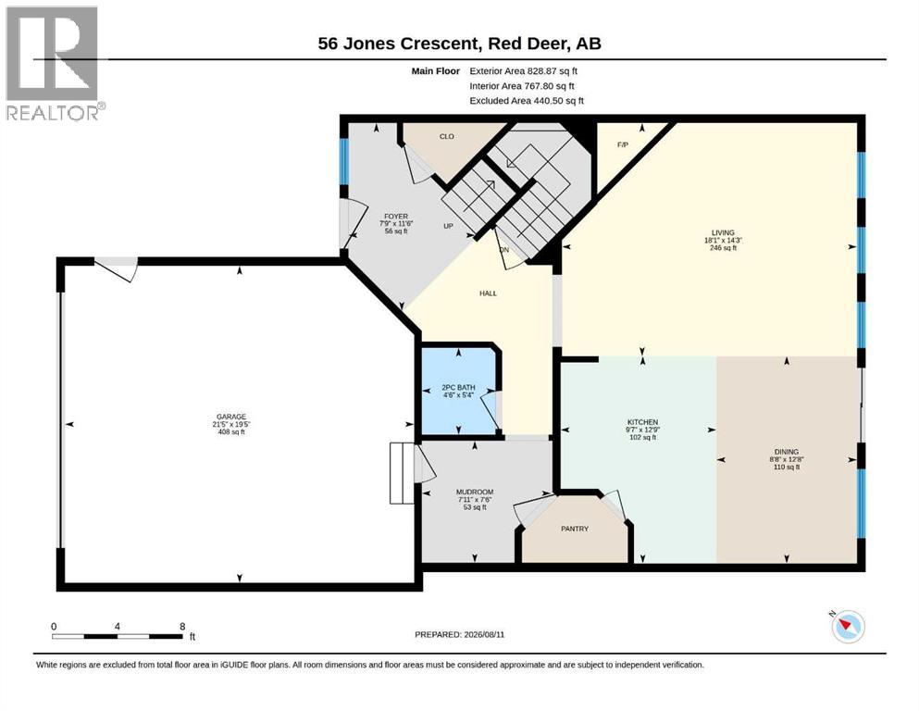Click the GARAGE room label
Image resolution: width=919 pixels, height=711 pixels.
click(x=231, y=417)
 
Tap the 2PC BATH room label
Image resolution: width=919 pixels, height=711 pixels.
click(x=458, y=388)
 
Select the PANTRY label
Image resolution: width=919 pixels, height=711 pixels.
click(x=575, y=529)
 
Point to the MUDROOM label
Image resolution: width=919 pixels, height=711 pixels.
click(x=475, y=492)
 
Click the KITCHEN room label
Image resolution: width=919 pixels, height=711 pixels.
click(x=643, y=422)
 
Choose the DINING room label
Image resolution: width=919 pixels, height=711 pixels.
click(x=787, y=452)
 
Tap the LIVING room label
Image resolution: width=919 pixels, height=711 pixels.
click(x=723, y=232)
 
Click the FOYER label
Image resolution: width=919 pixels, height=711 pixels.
click(x=396, y=217)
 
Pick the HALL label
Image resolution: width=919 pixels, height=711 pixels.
click(x=489, y=293)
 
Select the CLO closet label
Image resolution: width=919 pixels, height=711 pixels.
click(x=447, y=137)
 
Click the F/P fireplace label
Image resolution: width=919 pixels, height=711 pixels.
click(x=623, y=144)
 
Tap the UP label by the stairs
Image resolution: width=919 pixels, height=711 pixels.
click(x=448, y=226)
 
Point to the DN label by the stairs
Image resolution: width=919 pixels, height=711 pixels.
click(x=504, y=250)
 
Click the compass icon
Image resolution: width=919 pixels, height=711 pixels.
click(x=848, y=627)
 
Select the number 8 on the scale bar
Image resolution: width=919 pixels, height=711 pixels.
click(x=183, y=626)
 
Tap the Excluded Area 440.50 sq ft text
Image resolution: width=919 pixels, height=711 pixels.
click(x=527, y=101)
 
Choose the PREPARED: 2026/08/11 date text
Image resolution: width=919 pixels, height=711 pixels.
click(x=459, y=634)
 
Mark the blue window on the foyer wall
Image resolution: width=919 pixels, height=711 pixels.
click(x=344, y=162)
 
